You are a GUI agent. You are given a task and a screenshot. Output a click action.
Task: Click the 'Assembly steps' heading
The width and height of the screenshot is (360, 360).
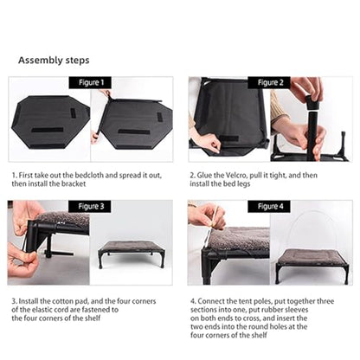(x=54, y=61)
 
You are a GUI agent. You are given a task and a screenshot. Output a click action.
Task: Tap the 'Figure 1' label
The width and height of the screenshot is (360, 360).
(x=91, y=83)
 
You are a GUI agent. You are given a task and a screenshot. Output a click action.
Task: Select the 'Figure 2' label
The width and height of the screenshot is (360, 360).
(x=270, y=83)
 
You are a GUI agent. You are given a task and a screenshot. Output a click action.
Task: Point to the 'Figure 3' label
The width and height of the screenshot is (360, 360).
(x=91, y=207)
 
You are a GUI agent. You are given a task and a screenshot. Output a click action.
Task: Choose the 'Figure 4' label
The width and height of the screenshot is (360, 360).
(x=270, y=207)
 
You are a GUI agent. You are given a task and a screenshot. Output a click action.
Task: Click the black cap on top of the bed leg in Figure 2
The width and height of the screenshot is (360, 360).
(x=313, y=103)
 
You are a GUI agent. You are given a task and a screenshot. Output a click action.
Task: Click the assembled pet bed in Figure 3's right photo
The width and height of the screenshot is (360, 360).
(x=132, y=254)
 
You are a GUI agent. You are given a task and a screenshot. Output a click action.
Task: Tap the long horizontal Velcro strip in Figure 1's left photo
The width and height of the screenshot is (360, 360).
(x=48, y=130)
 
